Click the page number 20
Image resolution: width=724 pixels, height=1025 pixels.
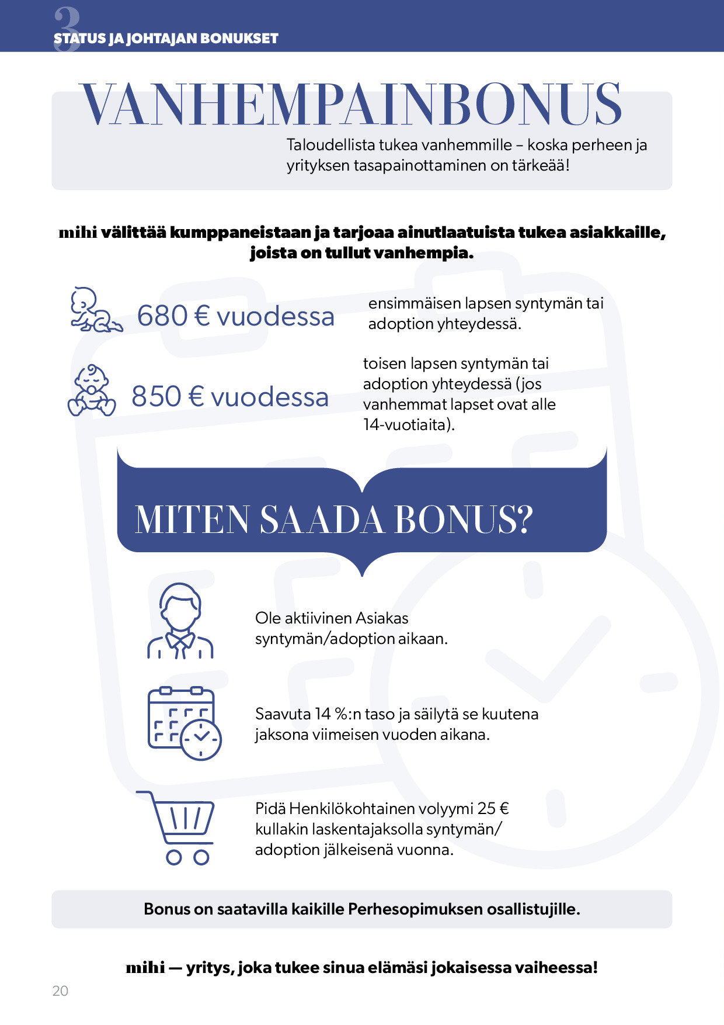60,991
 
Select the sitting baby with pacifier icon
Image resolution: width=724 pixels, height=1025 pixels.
92,391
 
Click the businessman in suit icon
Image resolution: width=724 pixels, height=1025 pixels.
180,622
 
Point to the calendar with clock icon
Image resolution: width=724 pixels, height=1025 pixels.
185,723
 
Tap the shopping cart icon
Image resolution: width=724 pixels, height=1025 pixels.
177,827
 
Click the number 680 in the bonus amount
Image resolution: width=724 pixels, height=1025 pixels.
162,316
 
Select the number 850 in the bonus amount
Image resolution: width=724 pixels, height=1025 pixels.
156,397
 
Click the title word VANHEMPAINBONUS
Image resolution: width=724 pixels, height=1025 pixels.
351,105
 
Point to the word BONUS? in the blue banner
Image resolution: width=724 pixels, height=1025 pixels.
464,520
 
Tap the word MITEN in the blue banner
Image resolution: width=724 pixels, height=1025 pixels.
192,520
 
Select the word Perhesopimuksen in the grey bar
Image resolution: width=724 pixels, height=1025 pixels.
415,909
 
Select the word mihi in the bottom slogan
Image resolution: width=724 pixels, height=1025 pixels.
145,968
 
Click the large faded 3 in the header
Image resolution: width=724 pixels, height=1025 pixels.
66,28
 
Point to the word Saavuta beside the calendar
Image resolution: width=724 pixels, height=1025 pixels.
283,714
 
